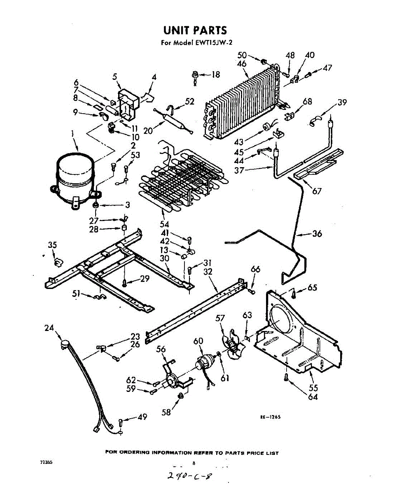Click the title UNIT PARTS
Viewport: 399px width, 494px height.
[195, 30]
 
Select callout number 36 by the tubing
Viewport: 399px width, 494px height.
[317, 234]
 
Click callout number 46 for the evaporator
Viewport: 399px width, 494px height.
[242, 64]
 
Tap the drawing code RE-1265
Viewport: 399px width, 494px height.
[270, 417]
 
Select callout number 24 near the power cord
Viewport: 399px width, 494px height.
[49, 328]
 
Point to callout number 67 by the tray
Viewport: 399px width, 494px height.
[317, 191]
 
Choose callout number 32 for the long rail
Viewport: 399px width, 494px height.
[208, 272]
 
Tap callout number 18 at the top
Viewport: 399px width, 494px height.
[215, 75]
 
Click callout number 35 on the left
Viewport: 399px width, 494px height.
[52, 245]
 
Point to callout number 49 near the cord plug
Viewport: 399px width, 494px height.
[142, 417]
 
